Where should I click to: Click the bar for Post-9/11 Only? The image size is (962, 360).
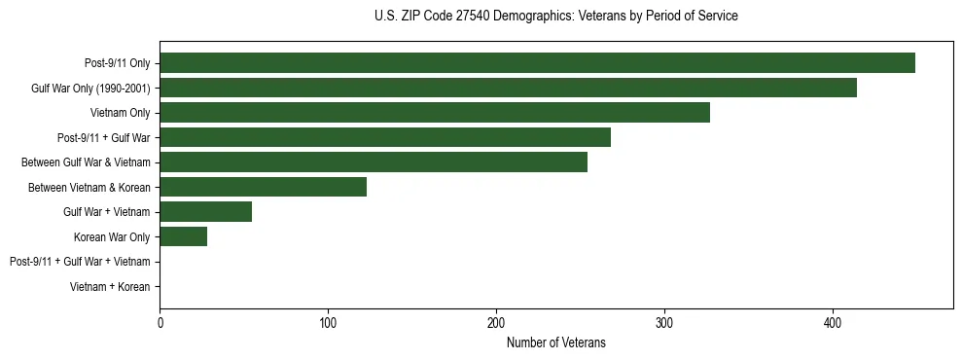tap(537, 63)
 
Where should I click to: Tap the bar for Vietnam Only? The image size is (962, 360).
tap(435, 113)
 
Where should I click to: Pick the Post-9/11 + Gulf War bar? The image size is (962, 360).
tap(385, 137)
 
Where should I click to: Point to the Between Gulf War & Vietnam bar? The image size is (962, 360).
tap(374, 162)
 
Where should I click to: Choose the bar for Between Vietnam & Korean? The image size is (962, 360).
tap(263, 187)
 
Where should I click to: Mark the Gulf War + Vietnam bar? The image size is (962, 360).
tap(205, 212)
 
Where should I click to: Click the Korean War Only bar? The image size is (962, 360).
tap(183, 236)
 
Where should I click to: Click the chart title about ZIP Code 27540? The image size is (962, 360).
tap(555, 17)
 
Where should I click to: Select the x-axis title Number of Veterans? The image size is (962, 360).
tap(555, 342)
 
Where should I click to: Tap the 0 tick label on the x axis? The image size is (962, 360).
tap(160, 323)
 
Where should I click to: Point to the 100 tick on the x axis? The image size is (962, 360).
tap(328, 323)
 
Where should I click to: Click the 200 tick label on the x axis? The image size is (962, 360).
tap(496, 323)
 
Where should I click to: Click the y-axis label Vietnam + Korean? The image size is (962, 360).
tap(110, 287)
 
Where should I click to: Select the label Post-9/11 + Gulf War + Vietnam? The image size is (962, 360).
tap(80, 262)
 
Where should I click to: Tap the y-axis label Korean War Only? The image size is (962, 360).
tap(112, 236)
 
